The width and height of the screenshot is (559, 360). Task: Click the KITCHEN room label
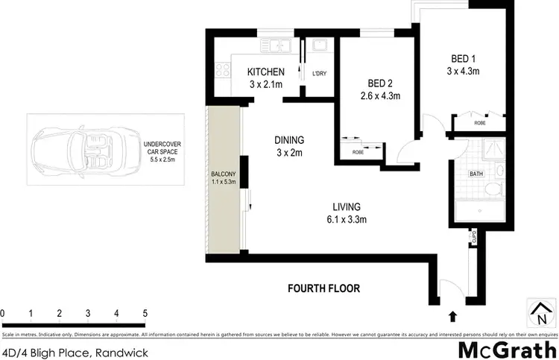[265, 72]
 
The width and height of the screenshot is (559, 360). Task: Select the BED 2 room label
[385, 84]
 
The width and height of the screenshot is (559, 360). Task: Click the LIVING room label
[347, 206]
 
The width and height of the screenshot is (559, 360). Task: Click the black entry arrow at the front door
[452, 316]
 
